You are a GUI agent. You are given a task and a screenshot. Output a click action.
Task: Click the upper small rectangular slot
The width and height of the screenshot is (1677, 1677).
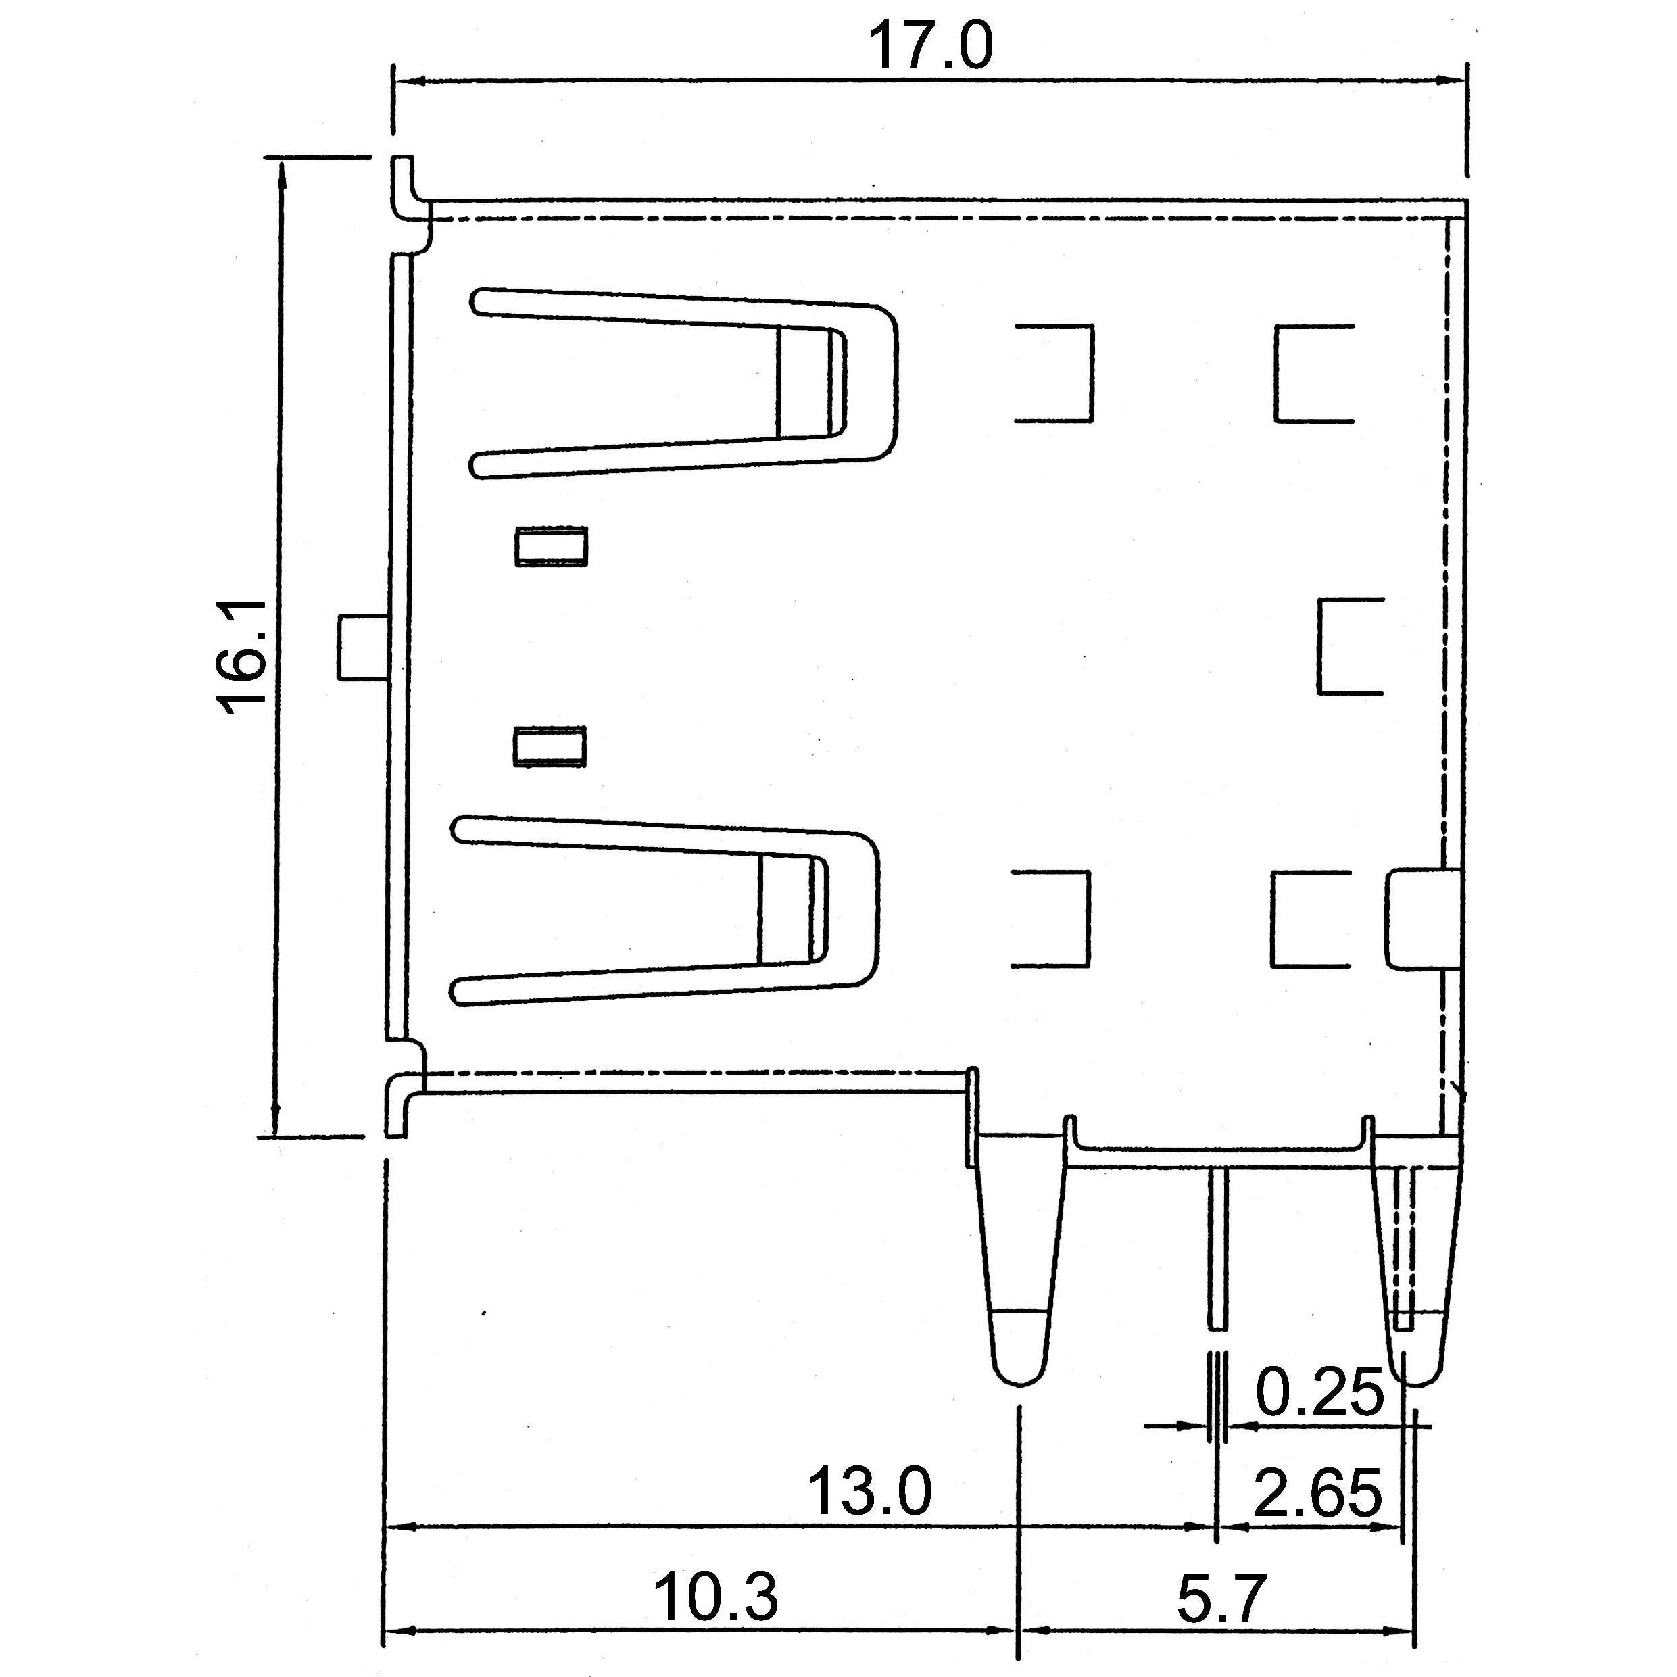pyautogui.click(x=551, y=546)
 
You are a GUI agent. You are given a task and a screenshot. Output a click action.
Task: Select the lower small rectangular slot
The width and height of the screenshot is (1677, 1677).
pyautogui.click(x=550, y=746)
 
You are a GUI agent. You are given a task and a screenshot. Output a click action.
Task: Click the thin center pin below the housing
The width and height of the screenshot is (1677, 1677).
pyautogui.click(x=1218, y=1259)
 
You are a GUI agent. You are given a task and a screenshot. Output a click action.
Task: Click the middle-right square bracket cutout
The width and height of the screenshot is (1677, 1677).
pyautogui.click(x=1348, y=646)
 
